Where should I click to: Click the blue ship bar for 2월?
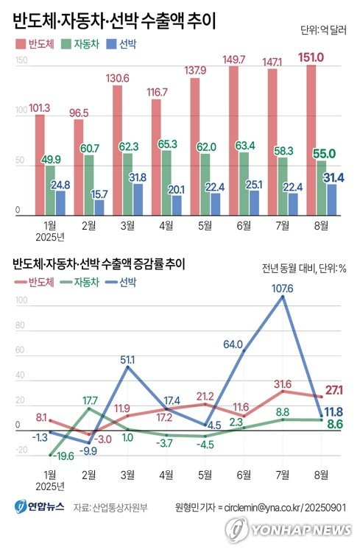tap(99, 208)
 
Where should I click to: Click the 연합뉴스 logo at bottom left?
tap(40, 506)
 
